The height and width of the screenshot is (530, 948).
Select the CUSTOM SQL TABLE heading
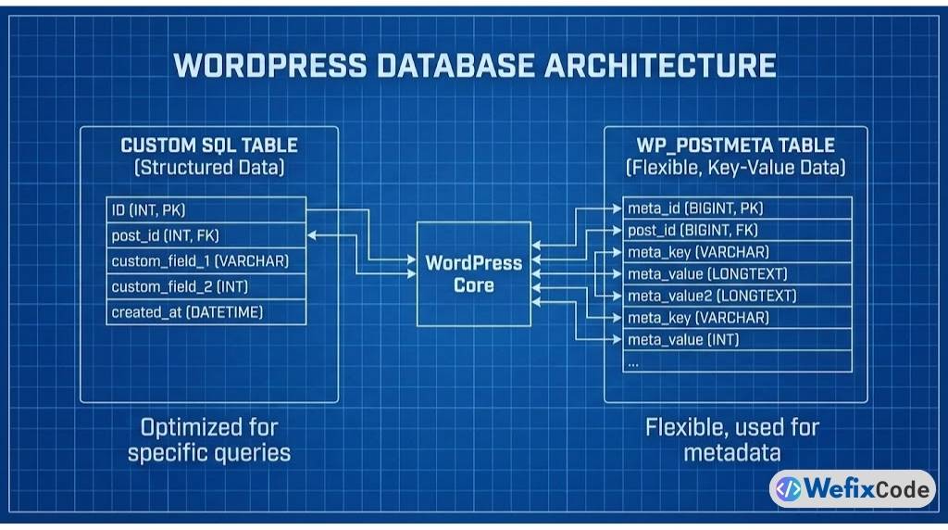209,145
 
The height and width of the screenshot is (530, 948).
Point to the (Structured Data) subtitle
209,168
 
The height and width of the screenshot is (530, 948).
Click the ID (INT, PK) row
206,209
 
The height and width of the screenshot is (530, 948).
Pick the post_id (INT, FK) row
206,235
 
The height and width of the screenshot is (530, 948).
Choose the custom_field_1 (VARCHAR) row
206,261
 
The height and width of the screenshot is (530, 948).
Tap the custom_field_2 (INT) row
206,287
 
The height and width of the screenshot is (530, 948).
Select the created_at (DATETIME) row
206,312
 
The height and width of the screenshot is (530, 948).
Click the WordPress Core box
474,273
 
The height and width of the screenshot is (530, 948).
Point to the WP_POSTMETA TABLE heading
735,145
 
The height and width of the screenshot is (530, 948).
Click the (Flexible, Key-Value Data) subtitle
735,168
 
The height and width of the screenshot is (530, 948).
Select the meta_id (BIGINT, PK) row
736,208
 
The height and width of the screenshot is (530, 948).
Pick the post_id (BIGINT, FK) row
736,230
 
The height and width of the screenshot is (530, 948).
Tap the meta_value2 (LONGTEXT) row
736,296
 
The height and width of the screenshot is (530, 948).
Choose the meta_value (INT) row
736,340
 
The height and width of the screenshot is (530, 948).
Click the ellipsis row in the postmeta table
736,362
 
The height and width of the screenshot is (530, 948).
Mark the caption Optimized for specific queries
209,440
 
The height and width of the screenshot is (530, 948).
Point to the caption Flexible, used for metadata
732,440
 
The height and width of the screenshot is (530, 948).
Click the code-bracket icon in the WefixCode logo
788,488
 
